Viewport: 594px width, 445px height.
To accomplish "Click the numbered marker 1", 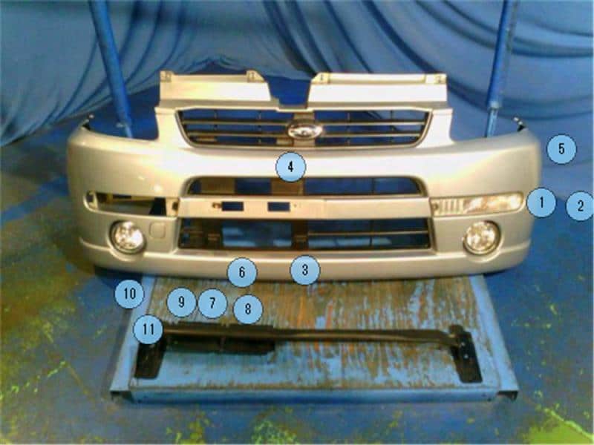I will tap(541, 202).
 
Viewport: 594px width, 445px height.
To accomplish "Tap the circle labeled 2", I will tap(580, 205).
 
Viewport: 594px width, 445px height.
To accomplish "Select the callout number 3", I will tap(304, 270).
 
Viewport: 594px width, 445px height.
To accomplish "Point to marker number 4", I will tap(290, 168).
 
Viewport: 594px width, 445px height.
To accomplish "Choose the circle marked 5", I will tap(561, 149).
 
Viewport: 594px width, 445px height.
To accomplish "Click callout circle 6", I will tap(242, 272).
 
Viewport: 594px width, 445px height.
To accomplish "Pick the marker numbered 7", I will tap(212, 303).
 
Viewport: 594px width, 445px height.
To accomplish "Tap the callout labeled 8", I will tap(248, 309).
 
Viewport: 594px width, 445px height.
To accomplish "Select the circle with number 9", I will tap(180, 303).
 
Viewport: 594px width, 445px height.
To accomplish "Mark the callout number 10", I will tap(129, 294).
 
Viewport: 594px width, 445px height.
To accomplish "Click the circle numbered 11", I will tap(148, 329).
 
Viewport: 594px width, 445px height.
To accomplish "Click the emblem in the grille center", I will tap(305, 131).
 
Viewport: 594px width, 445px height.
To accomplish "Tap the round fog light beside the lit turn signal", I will tap(480, 237).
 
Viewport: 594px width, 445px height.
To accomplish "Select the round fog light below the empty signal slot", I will tap(128, 236).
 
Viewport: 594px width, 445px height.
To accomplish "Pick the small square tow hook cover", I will tap(158, 229).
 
